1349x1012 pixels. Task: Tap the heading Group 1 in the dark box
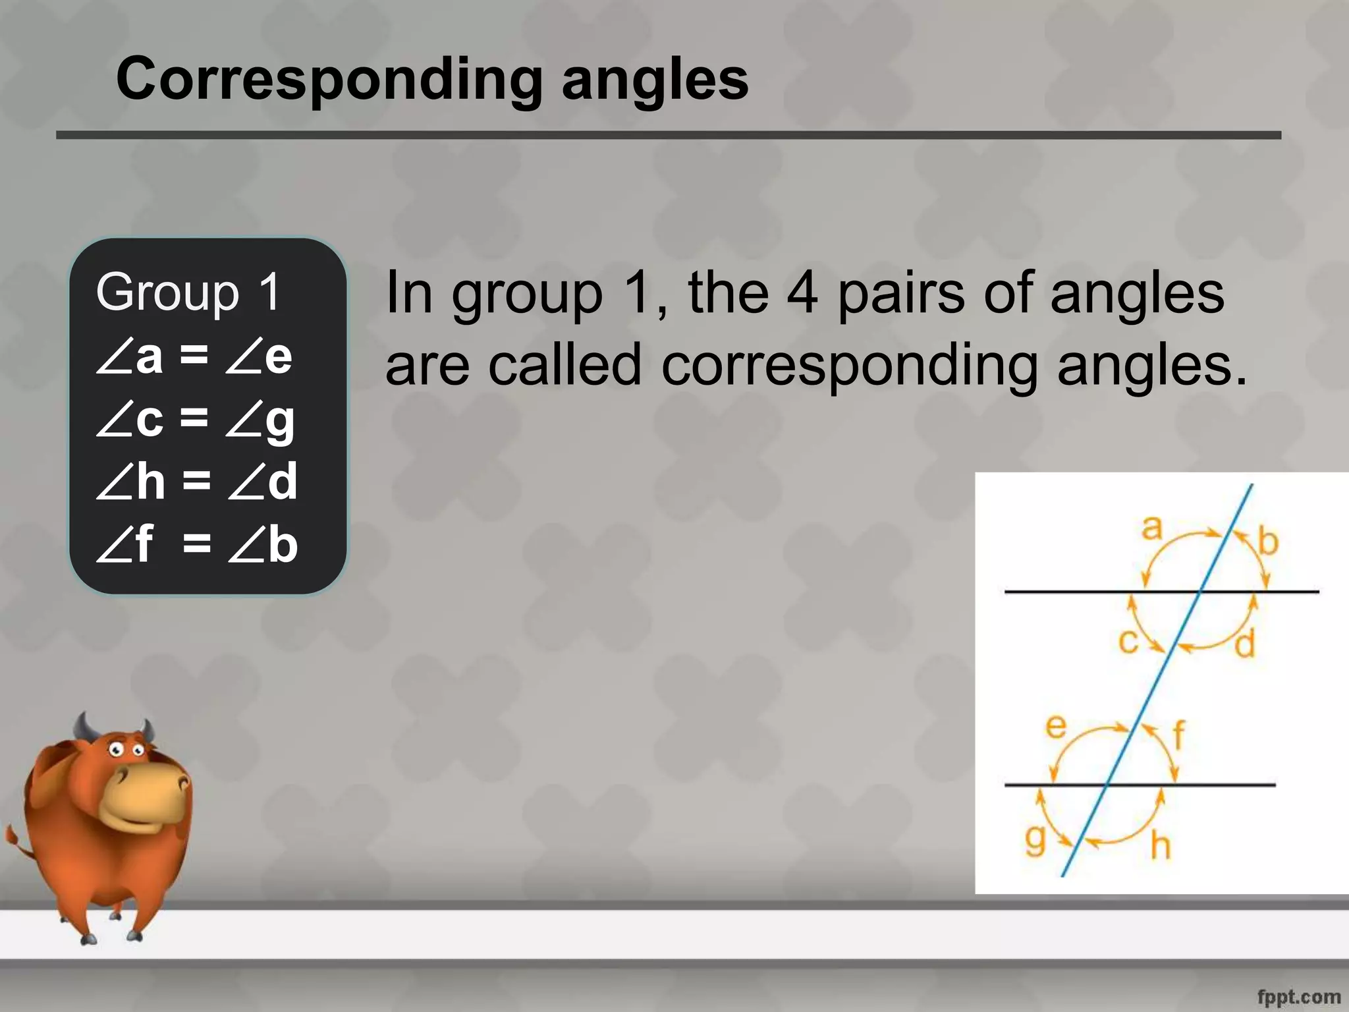coord(188,292)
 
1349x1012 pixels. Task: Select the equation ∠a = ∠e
coord(194,356)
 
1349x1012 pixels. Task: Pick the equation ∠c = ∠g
coord(196,420)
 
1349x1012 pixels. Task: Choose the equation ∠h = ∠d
coord(197,482)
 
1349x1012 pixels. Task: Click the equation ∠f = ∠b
coord(197,545)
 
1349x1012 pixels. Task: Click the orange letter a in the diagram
coord(1151,528)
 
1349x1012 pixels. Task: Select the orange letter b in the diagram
coord(1268,542)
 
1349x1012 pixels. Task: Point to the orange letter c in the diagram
coord(1129,641)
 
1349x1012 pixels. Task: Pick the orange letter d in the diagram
coord(1244,644)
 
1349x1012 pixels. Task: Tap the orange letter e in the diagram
coord(1056,727)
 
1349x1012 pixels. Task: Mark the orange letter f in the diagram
coord(1178,735)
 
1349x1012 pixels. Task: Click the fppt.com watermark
coord(1298,997)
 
